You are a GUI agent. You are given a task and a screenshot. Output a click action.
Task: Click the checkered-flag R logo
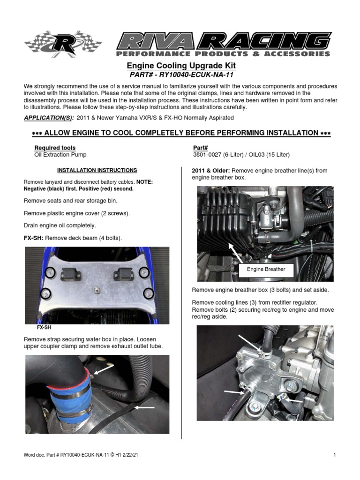63,44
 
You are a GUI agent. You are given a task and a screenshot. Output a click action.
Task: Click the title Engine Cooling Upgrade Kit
181,66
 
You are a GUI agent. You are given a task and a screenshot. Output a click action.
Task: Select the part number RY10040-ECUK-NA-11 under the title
181,75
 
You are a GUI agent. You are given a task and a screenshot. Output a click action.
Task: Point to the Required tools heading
55,148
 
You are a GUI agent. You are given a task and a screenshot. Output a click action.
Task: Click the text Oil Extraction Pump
60,155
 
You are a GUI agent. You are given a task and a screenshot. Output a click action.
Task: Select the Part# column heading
200,148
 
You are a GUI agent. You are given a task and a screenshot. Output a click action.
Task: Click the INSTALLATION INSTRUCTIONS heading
97,171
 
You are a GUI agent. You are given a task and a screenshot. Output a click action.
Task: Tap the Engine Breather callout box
266,270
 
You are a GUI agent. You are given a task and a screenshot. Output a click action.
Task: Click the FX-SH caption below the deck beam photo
44,328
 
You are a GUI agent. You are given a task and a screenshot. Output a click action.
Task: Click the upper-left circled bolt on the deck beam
50,272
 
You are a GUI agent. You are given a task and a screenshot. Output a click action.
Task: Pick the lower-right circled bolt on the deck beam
149,294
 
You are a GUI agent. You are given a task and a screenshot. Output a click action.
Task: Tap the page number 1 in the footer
335,455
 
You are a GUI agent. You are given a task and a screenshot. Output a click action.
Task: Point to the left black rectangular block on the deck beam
71,272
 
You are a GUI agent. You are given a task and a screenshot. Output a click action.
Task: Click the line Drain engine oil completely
60,225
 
